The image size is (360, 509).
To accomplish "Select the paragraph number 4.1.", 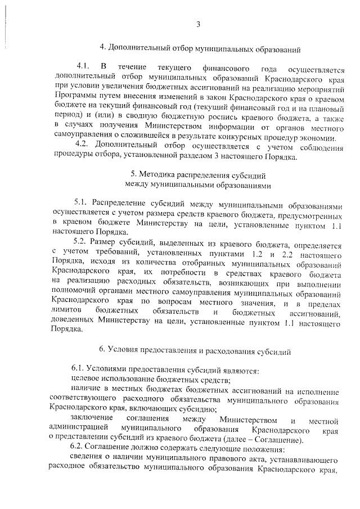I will (x=84, y=69).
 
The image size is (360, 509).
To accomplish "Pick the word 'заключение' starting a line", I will (x=92, y=420).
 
